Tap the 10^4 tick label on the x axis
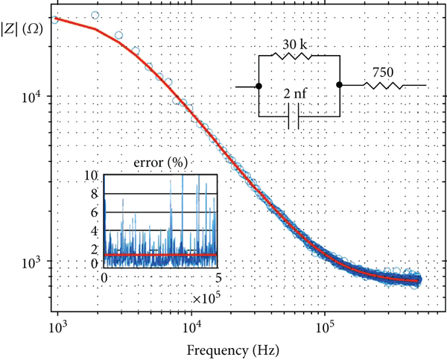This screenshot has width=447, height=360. coord(191,327)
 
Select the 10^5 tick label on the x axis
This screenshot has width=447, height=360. coord(325,327)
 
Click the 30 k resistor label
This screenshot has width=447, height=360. coord(296,45)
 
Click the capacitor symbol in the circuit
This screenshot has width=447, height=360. coord(294,117)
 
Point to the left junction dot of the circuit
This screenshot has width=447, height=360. coord(259,86)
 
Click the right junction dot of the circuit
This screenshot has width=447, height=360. coord(339,86)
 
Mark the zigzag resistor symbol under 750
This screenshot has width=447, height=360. coord(383,86)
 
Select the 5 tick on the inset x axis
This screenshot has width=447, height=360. coord(217,277)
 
